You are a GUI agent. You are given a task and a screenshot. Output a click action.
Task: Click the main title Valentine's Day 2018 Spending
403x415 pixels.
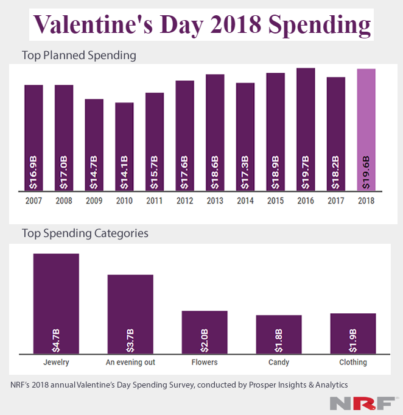(201, 25)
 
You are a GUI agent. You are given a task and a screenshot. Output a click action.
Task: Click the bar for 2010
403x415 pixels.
(124, 147)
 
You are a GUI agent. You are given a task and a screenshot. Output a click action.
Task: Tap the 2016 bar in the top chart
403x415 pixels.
(306, 130)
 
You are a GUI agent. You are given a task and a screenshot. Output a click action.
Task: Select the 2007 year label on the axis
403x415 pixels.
(33, 200)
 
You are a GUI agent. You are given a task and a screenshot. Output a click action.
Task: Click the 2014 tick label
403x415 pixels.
(245, 200)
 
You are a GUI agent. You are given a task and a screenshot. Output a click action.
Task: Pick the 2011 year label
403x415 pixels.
(155, 200)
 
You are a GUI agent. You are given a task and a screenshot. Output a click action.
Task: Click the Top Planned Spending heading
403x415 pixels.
(79, 55)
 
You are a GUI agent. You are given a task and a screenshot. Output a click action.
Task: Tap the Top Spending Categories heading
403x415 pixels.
(85, 233)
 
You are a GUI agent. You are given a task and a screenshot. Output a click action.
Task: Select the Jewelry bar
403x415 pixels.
(56, 303)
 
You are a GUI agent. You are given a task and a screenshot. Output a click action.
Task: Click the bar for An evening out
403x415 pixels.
(130, 313)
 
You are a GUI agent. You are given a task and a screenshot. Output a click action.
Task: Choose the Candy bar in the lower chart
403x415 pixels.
(279, 333)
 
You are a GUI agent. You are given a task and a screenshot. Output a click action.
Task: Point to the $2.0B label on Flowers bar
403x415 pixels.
(205, 338)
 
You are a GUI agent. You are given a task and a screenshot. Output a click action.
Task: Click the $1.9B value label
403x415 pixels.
(353, 338)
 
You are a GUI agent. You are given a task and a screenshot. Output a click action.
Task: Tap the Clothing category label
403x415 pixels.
(353, 362)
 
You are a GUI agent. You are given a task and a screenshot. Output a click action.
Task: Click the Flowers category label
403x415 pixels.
(204, 362)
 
